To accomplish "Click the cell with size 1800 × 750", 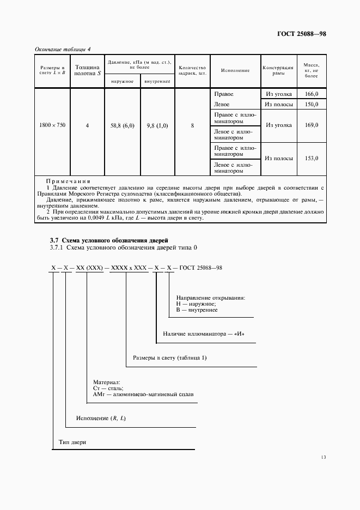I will click(x=52, y=125).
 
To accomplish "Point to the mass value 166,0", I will click(x=312, y=94).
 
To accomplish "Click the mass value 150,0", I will click(x=312, y=104).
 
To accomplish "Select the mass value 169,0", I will click(x=312, y=125).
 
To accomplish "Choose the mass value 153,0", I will click(x=312, y=158).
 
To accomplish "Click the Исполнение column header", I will click(x=235, y=71).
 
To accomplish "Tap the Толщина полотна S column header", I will click(x=87, y=70).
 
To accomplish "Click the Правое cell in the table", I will click(x=224, y=94).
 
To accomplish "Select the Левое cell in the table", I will click(x=222, y=104).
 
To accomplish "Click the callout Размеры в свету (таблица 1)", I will click(x=170, y=358).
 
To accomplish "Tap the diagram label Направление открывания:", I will click(x=210, y=298).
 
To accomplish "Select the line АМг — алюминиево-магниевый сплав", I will click(x=143, y=394).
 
